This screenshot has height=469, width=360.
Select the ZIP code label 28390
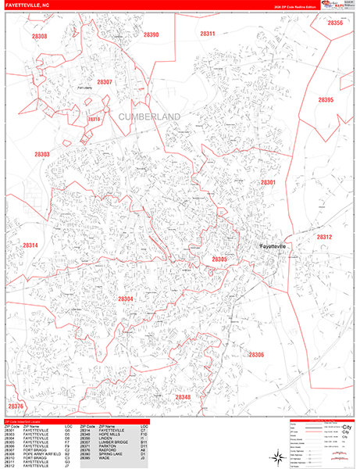tap(151, 34)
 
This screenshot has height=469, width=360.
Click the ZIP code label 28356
tap(335, 23)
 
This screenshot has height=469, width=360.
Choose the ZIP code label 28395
tap(326, 100)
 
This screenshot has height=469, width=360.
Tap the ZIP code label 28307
tap(104, 81)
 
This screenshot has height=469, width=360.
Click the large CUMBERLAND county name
tap(149, 116)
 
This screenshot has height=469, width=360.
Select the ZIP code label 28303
tap(41, 155)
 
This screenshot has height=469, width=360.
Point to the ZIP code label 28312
tap(324, 237)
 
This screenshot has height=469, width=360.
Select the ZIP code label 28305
tap(219, 259)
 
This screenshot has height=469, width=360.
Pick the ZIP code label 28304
tap(126, 299)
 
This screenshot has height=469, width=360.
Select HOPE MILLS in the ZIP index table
tap(110, 434)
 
